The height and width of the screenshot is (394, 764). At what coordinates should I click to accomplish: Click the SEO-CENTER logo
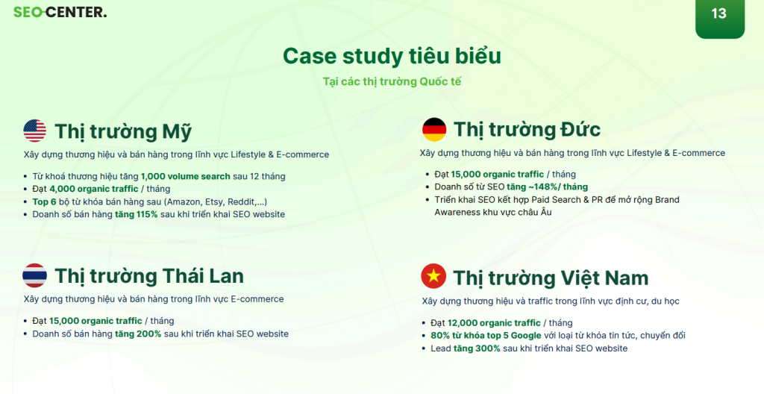point(60,12)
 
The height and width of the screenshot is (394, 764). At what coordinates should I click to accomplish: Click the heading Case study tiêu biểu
point(392,55)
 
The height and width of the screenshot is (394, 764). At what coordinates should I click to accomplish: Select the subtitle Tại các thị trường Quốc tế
point(392,81)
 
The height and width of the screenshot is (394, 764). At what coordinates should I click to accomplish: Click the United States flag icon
point(34,131)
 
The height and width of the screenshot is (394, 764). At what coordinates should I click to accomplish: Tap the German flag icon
point(434,129)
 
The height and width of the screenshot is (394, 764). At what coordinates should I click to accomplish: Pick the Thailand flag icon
point(34,275)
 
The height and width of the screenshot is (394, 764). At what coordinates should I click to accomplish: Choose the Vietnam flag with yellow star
point(433,276)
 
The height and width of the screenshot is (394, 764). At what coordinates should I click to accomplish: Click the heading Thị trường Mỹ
point(123,131)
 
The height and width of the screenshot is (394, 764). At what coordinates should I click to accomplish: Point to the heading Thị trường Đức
point(527,130)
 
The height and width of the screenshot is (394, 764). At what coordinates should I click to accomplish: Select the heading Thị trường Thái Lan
point(149,277)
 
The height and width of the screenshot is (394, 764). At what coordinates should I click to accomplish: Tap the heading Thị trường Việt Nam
point(551,278)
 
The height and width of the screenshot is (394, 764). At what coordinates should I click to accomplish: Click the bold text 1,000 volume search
point(186,176)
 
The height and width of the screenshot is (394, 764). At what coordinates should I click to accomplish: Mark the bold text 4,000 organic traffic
point(94,189)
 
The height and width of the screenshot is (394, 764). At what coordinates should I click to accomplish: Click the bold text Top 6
point(44,201)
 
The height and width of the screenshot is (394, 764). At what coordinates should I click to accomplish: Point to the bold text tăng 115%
point(137,214)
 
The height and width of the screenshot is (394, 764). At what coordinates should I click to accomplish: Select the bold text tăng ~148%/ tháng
point(547,187)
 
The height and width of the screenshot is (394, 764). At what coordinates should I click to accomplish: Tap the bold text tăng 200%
point(138,334)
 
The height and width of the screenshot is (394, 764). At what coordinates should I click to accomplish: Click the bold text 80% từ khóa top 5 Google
point(486,336)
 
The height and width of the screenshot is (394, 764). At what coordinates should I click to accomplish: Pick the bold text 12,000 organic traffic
point(494,323)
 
